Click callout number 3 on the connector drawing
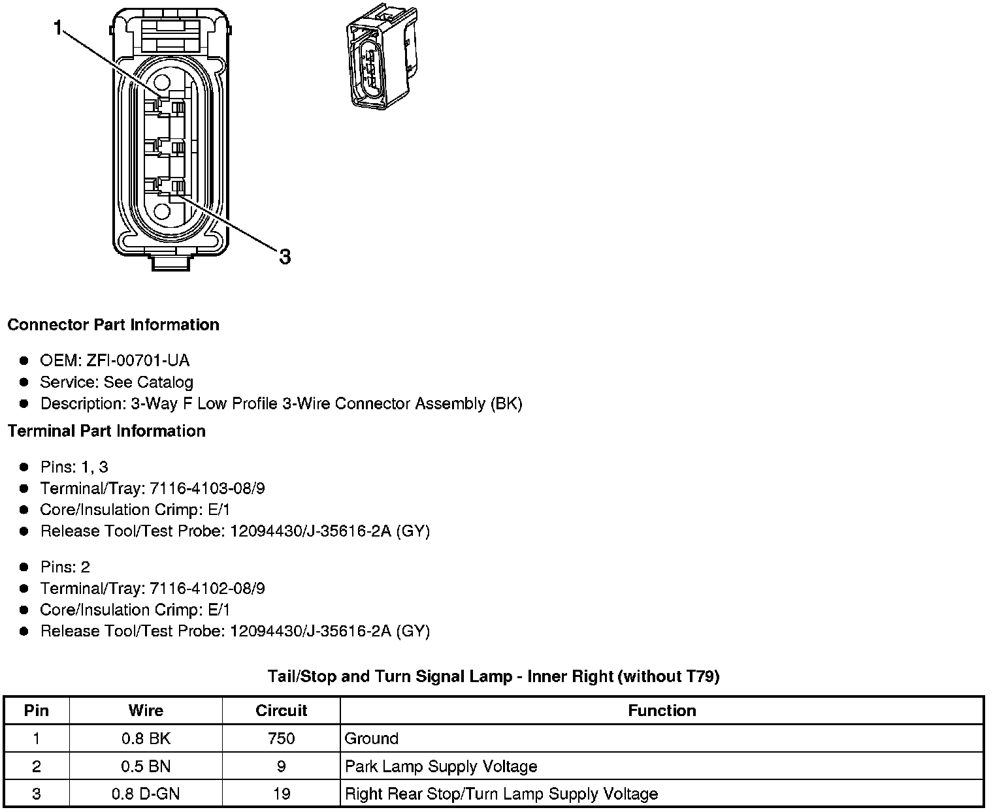pos(284,257)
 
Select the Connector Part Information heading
pos(113,325)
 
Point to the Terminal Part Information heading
pos(106,431)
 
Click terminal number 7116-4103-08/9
pos(207,488)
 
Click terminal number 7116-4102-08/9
pos(207,588)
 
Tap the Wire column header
pos(146,710)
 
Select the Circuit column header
pos(281,710)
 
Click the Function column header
pos(662,710)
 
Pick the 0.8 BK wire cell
pos(146,738)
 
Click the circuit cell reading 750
pos(281,738)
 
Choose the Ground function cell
pos(372,738)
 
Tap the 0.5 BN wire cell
pos(146,766)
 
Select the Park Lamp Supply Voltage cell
pos(441,766)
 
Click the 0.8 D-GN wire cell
pos(146,794)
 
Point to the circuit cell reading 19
pos(281,794)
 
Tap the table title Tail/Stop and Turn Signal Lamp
pos(493,676)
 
